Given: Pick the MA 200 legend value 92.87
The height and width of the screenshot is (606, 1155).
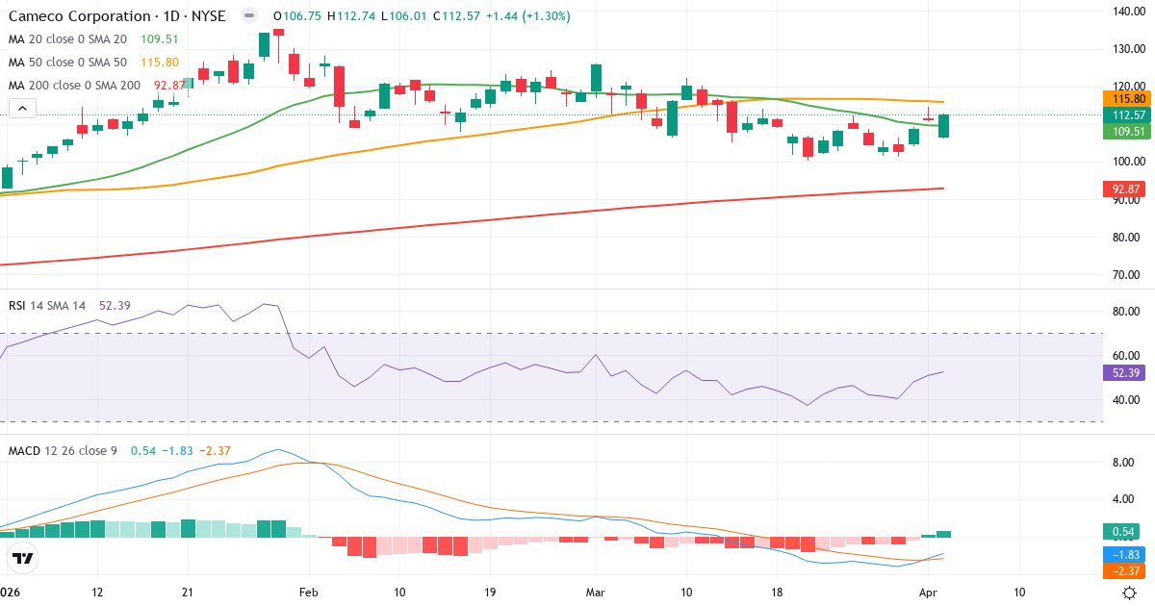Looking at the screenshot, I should [x=170, y=86].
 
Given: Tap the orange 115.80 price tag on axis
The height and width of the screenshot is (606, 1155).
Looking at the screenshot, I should [x=1127, y=98].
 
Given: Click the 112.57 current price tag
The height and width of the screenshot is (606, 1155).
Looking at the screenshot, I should [x=1127, y=114].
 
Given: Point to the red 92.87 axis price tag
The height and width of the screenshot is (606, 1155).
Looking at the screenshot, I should [x=1127, y=189].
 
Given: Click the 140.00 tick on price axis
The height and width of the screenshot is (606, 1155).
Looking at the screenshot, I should [x=1127, y=12].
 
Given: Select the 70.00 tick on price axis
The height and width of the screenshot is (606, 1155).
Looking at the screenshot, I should [x=1127, y=274].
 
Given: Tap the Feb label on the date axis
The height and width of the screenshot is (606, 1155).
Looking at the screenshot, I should [x=308, y=592].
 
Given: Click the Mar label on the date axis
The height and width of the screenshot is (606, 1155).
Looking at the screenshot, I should [x=596, y=592].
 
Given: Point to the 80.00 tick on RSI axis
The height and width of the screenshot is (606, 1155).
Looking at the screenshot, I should [x=1127, y=312].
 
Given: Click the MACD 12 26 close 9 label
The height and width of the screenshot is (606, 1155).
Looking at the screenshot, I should [x=64, y=451].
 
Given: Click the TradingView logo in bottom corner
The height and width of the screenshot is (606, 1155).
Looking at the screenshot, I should [x=22, y=558].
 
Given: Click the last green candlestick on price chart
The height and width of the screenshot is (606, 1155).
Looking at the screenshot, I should [x=944, y=126].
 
